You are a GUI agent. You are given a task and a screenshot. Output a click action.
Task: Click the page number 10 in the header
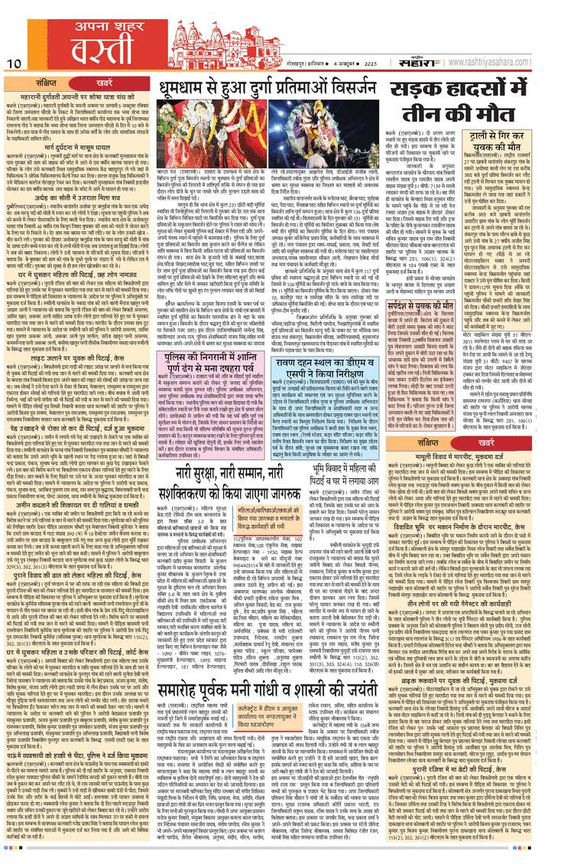[x=14, y=61]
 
